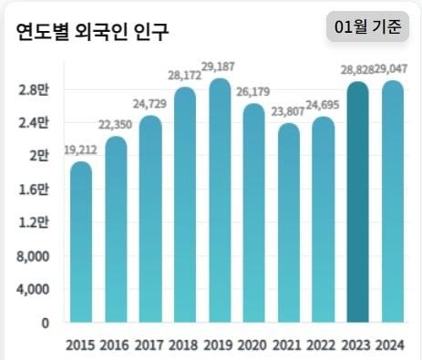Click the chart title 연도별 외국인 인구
[x=92, y=31]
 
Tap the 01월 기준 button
[x=367, y=27]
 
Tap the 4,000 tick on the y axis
[x=33, y=290]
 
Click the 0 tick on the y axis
[x=44, y=323]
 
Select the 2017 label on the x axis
[x=150, y=345]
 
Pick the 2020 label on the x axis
[x=254, y=345]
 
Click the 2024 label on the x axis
[x=393, y=345]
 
